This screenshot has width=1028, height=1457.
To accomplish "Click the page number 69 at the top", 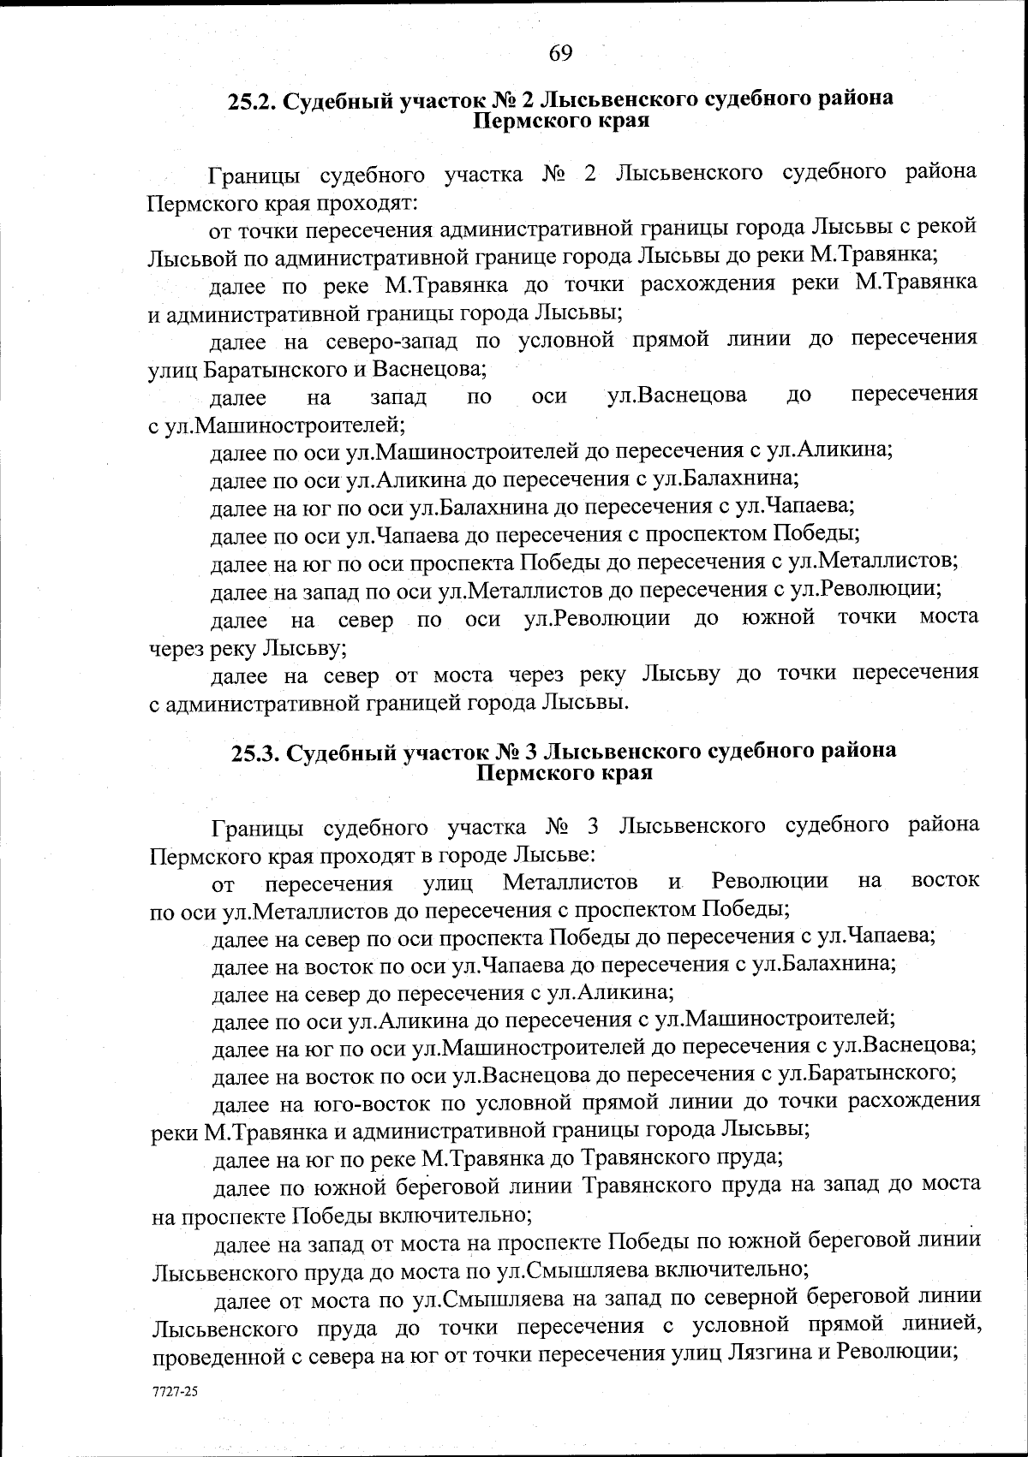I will pyautogui.click(x=560, y=53).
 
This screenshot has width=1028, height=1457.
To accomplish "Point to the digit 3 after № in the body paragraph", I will pyautogui.click(x=595, y=827).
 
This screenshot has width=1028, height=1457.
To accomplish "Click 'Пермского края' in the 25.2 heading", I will pyautogui.click(x=561, y=121).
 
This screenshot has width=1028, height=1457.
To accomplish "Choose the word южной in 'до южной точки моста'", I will pyautogui.click(x=778, y=618).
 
